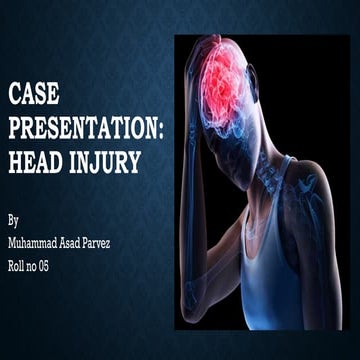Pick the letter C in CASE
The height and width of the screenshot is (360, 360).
(15, 97)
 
